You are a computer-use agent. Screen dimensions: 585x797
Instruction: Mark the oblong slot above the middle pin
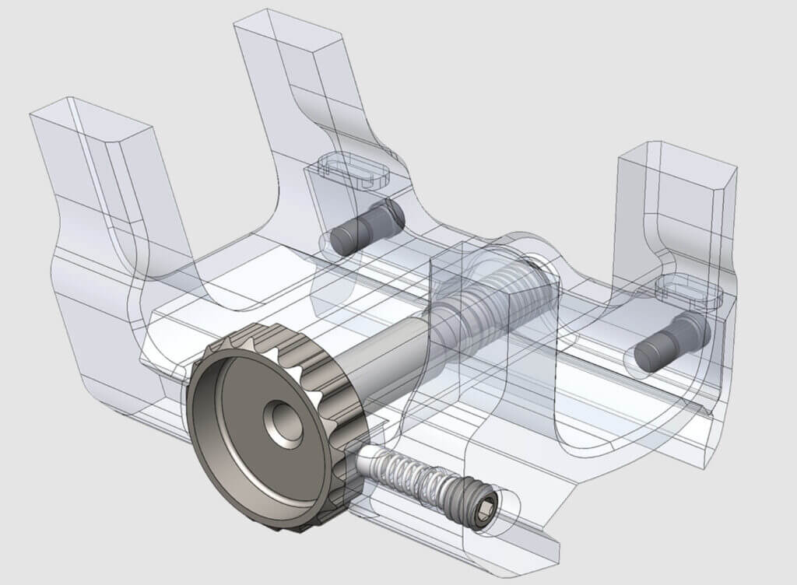[354, 170]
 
